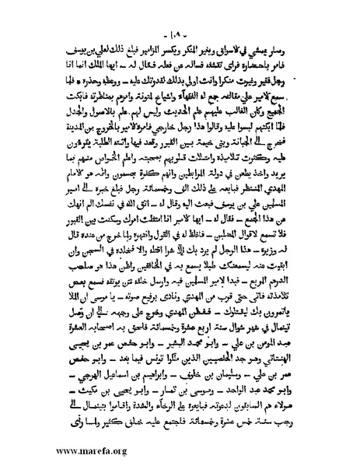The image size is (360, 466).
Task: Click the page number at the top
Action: click(x=180, y=35)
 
